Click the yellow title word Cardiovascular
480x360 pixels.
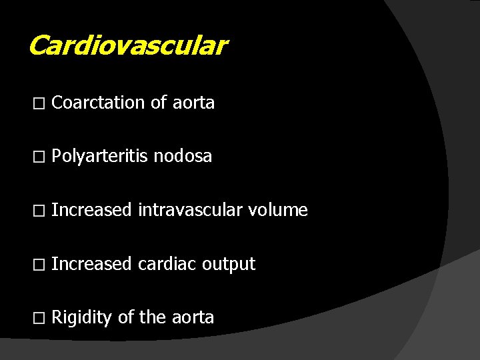tap(128, 46)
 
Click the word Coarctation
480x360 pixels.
tap(98, 103)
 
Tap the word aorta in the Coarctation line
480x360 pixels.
tap(193, 103)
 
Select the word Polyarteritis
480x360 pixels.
tap(100, 157)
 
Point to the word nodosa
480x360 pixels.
tap(183, 157)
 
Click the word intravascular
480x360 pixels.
tap(190, 211)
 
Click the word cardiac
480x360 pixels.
tap(167, 264)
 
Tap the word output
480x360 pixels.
tap(229, 265)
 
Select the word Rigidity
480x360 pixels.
tap(81, 318)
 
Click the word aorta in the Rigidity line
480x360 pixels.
tap(193, 318)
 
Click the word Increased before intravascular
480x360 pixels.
tap(91, 211)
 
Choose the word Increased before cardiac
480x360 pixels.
tap(91, 264)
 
